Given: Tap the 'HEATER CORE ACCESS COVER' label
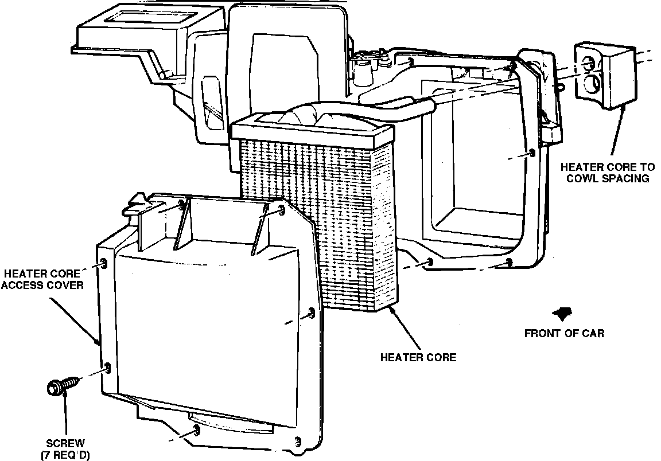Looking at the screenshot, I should click(42, 279).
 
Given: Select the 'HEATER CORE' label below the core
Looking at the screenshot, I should click(418, 357).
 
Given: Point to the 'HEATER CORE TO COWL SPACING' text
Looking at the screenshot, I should click(607, 172).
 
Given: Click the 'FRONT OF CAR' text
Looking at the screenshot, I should click(564, 333).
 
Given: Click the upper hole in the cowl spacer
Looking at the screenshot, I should click(589, 64).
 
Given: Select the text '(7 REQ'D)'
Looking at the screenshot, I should click(65, 455).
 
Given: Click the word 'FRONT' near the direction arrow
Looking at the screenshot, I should click(542, 333).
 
